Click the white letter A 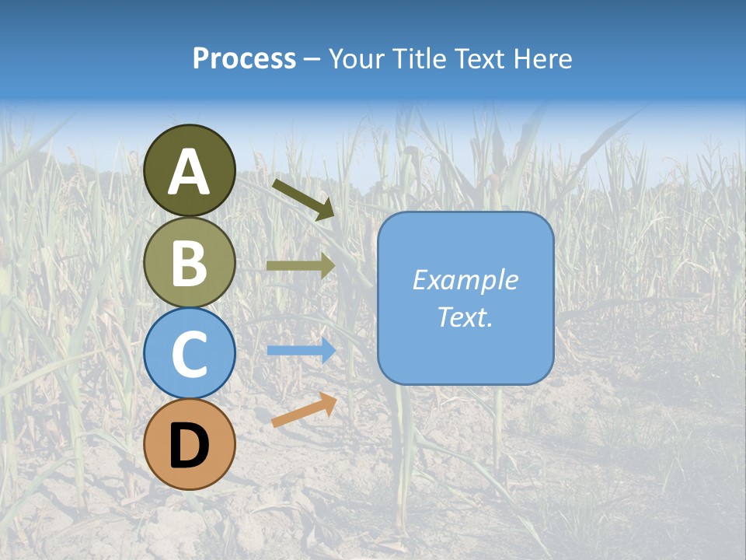tap(190, 172)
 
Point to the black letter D tap(190, 446)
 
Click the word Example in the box tap(465, 280)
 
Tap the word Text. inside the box tap(465, 317)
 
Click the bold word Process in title tap(244, 59)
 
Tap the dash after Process tap(312, 60)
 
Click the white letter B tap(190, 263)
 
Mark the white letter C tap(190, 355)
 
